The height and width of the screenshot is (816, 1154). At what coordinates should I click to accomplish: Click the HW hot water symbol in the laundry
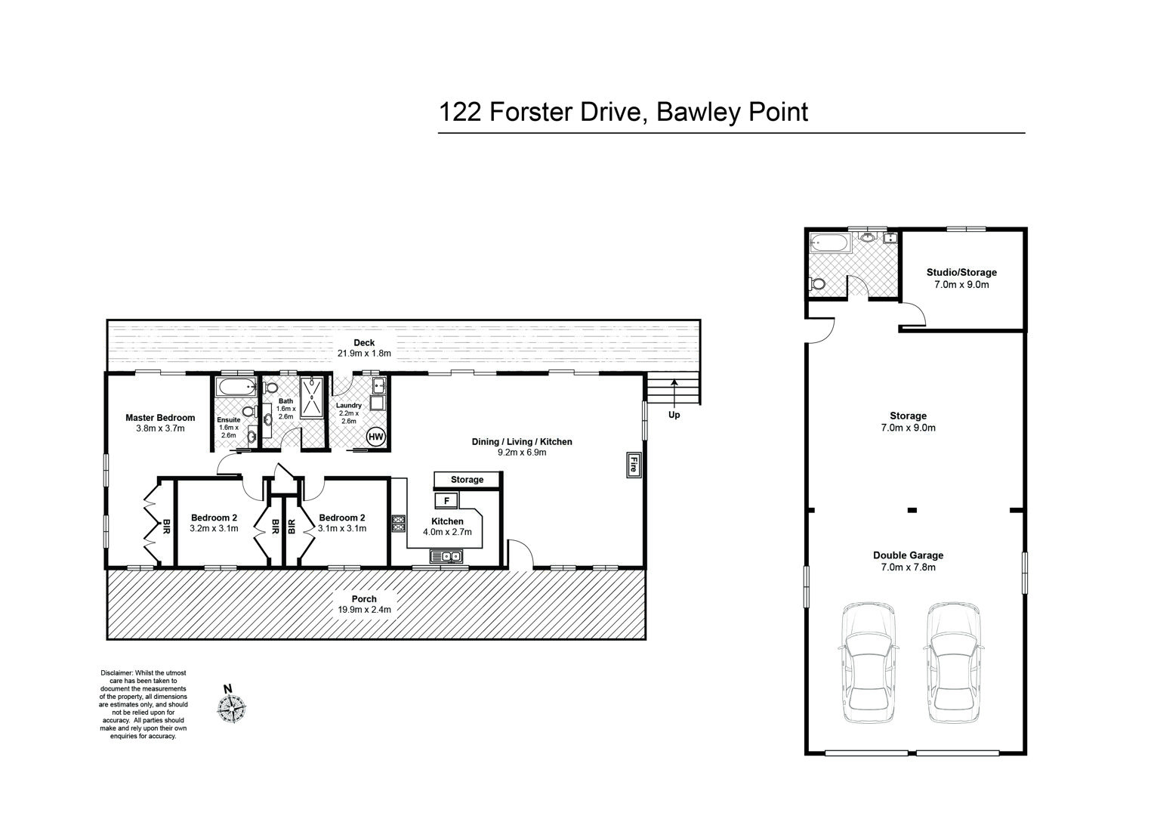click(376, 437)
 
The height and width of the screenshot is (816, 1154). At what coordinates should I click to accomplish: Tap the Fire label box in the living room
click(634, 465)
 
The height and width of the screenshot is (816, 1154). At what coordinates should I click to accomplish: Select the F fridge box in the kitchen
click(446, 500)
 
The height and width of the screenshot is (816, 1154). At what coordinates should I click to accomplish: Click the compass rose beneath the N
click(231, 708)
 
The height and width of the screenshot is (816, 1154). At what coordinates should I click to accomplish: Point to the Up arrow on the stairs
click(674, 392)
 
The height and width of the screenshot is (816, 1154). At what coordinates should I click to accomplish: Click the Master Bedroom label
click(160, 418)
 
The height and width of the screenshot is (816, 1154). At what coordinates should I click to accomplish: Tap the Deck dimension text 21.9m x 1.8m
click(364, 354)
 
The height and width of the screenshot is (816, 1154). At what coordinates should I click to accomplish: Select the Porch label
click(364, 599)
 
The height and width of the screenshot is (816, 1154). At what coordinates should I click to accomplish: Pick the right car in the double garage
click(953, 663)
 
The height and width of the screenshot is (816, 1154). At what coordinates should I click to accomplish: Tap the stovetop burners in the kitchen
click(399, 524)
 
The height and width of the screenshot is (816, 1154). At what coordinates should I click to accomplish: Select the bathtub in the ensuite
click(236, 387)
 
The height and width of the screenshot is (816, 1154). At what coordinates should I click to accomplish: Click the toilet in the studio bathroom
click(818, 284)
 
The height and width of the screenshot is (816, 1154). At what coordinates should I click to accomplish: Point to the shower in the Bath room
click(312, 397)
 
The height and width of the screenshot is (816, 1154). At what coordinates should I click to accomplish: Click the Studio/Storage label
click(961, 272)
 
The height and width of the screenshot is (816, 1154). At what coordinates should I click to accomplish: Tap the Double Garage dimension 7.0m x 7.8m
click(909, 567)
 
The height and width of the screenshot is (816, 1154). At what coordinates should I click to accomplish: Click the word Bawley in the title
click(699, 113)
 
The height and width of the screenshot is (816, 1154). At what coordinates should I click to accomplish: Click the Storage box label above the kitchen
click(467, 480)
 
